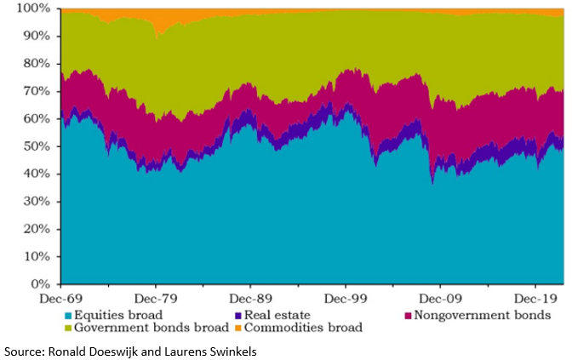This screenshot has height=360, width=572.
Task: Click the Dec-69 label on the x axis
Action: pos(60,299)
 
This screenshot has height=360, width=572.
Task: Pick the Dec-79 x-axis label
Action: pos(155,299)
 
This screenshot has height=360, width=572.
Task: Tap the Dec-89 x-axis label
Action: pos(249,299)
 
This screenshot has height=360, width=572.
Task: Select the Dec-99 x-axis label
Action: pos(345,299)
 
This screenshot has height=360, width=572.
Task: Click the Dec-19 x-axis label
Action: pos(534,299)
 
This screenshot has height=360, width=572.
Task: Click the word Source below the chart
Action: pos(23,351)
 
